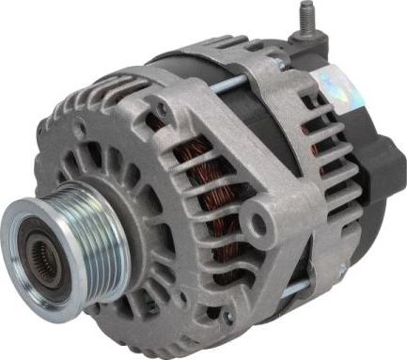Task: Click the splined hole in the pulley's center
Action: [x=39, y=251]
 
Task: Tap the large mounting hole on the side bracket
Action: [x=255, y=223]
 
